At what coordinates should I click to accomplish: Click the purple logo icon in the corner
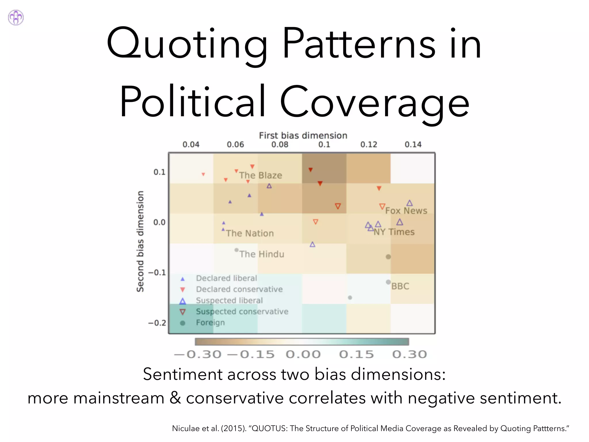point(16,18)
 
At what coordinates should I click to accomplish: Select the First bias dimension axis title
point(303,136)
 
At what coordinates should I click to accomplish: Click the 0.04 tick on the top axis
point(191,144)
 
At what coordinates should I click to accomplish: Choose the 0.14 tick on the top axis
point(413,144)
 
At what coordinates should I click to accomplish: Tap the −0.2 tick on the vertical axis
point(157,323)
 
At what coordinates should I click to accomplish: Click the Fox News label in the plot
point(406,211)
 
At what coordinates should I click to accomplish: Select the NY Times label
point(394,232)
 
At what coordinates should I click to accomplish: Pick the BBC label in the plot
point(400,286)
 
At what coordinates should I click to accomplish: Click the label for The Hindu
point(262,254)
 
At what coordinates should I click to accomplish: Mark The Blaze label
point(261,175)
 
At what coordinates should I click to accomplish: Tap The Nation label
point(250,233)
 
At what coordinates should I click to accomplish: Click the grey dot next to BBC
point(388,282)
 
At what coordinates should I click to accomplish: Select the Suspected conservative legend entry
point(242,312)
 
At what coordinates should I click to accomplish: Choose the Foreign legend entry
point(210,323)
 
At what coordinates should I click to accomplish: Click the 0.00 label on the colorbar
point(303,355)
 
